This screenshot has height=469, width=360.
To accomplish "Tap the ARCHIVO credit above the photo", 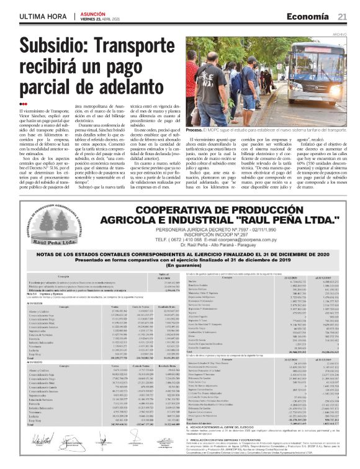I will tap(340, 34).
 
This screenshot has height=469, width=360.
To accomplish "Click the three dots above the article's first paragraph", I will tap(24, 104).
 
